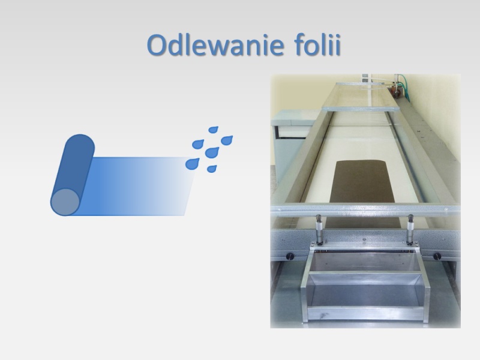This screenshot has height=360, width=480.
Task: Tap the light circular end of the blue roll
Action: [x=65, y=202]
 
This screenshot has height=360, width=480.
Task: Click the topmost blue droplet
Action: [x=213, y=130]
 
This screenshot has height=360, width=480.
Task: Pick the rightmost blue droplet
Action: [x=227, y=140]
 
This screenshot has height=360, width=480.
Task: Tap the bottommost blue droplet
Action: [x=212, y=169]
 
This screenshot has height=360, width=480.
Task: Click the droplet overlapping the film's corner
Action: [x=192, y=164]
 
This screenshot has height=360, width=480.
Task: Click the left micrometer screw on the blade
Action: [x=319, y=229]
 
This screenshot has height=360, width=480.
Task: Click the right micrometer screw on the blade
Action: [x=410, y=229]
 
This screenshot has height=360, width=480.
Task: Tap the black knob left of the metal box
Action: [x=290, y=256]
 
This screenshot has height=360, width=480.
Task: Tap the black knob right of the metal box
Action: [x=437, y=256]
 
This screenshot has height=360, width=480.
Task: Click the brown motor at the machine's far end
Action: [x=395, y=91]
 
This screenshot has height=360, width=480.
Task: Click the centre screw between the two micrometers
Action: [x=364, y=239]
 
